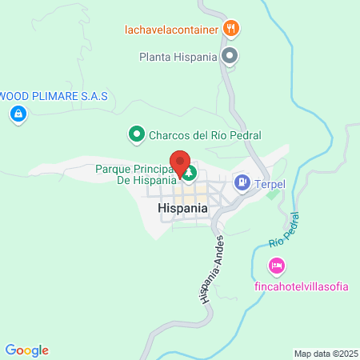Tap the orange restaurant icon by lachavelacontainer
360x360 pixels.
pos(231,30)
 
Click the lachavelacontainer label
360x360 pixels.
pos(171,30)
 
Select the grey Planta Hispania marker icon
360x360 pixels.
pos(230,57)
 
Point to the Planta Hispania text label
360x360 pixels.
pos(178,58)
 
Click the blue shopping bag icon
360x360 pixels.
pos(17,115)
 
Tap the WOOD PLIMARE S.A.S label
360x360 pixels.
pos(53,96)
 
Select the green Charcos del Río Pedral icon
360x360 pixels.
pos(136,135)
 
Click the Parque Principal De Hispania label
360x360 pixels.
pos(136,175)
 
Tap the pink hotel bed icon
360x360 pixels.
pos(276,265)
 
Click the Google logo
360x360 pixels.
pos(26,350)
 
